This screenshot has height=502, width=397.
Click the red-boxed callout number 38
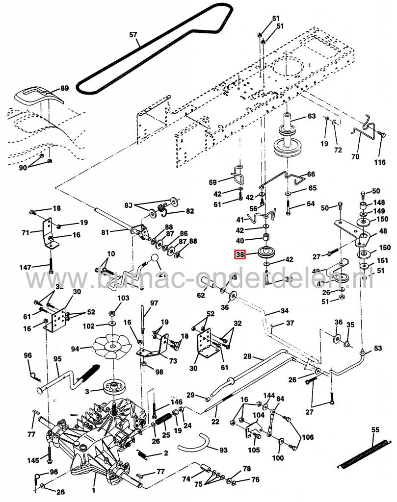click(240, 254)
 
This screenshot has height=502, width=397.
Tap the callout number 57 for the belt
click(133, 35)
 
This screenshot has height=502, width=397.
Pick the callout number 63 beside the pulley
click(312, 116)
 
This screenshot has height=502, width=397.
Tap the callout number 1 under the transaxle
click(94, 489)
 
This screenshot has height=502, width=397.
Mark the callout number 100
click(278, 458)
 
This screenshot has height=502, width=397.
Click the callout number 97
click(155, 303)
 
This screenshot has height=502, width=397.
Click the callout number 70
click(355, 157)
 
